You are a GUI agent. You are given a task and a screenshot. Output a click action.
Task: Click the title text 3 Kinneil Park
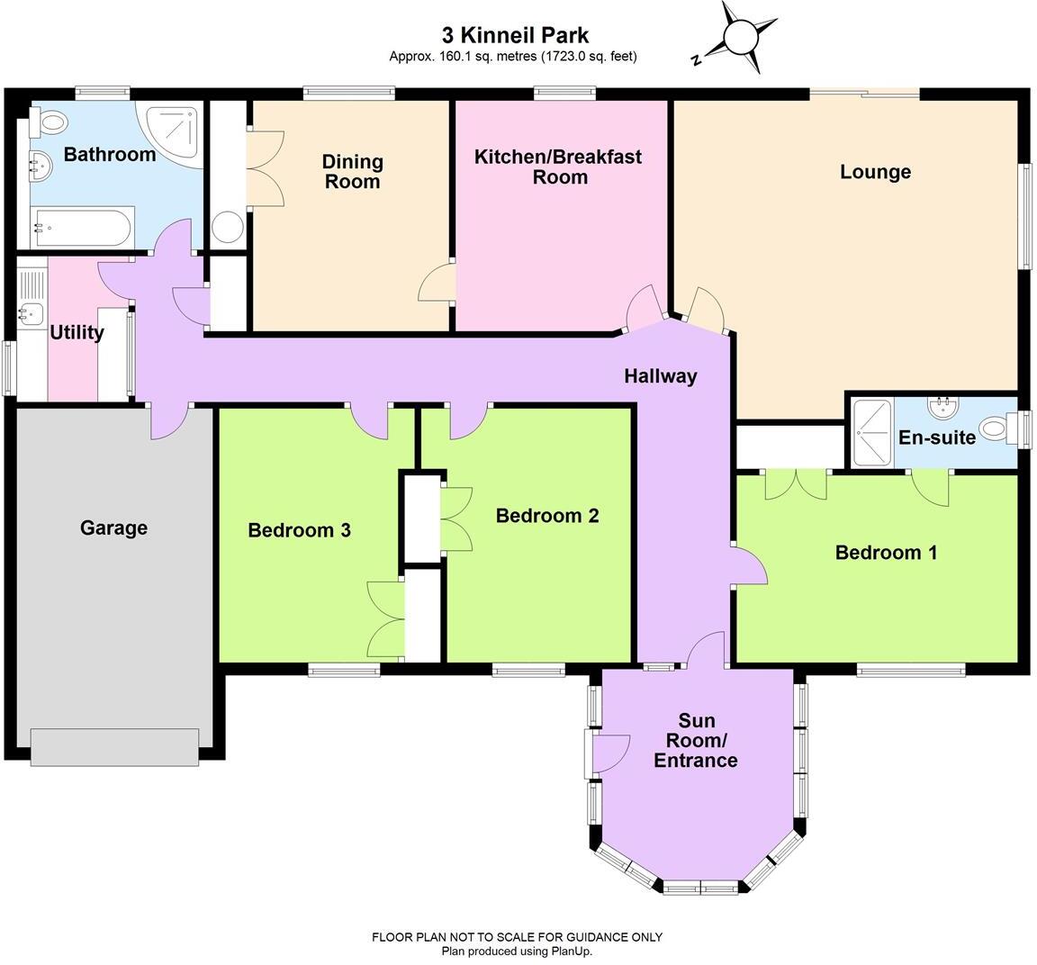click(x=515, y=35)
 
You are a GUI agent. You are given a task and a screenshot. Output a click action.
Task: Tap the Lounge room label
click(x=875, y=172)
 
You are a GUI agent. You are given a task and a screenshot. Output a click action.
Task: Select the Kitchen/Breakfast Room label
click(x=558, y=167)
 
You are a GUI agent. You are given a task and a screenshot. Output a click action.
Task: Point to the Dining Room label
click(x=353, y=171)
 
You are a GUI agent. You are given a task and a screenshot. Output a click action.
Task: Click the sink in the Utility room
click(x=32, y=314)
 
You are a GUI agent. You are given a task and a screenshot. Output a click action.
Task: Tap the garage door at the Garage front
click(x=114, y=746)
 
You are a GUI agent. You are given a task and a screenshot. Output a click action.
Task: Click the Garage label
click(x=113, y=528)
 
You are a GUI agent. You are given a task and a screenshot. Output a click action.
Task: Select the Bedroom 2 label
click(x=547, y=516)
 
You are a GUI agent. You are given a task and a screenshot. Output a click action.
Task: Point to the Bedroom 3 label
click(x=299, y=530)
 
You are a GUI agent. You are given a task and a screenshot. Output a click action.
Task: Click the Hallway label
click(x=661, y=376)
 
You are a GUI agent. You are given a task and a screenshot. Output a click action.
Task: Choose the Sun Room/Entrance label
click(x=696, y=740)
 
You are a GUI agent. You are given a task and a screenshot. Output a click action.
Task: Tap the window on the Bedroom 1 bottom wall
click(x=910, y=669)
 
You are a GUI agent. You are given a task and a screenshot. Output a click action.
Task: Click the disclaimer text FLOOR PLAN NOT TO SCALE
click(x=517, y=937)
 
